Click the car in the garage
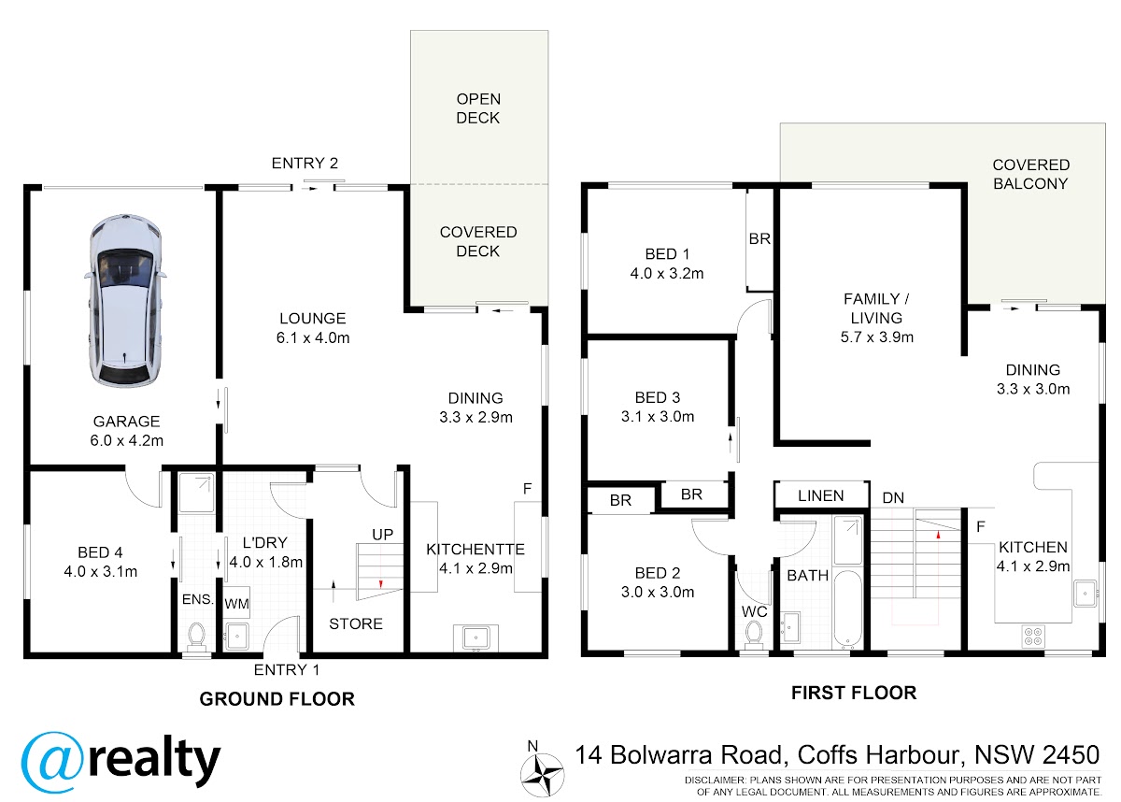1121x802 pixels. coord(125,300)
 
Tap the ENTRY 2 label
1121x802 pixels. coord(305,164)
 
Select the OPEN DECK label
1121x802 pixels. coord(478,108)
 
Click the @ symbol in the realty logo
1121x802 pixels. coord(51,763)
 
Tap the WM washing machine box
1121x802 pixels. coord(236,603)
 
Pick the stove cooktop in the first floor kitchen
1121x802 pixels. coord(1033,637)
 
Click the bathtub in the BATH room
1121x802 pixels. coord(848,609)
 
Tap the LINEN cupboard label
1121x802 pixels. coord(821,495)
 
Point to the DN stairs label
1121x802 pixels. coord(893,497)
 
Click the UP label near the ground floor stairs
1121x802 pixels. coord(383,534)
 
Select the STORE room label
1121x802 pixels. coord(356,623)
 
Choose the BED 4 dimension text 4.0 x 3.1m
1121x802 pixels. coord(101,571)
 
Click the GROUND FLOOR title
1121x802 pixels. coord(277,699)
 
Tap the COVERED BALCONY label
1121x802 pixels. coord(1031,174)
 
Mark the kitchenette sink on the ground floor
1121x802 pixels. coord(475,637)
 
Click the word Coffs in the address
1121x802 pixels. coord(828,755)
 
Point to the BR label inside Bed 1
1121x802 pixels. coord(759,238)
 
